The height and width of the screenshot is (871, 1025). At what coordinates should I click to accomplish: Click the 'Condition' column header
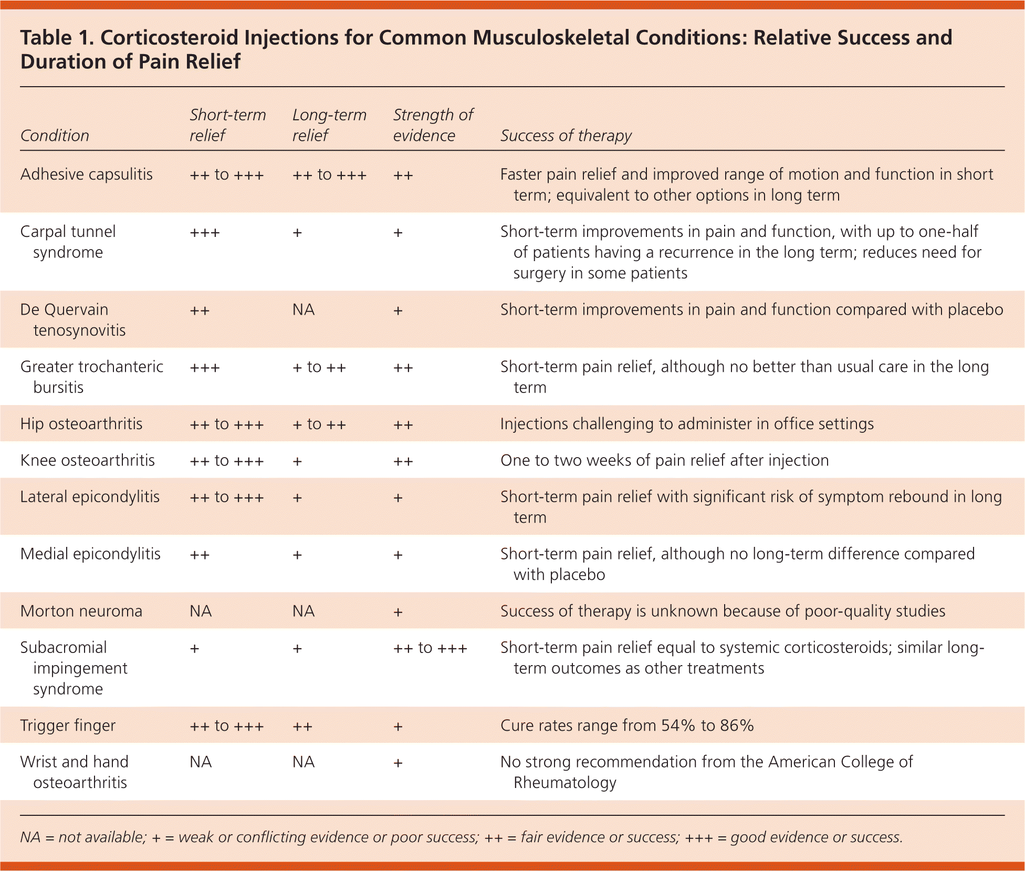[55, 136]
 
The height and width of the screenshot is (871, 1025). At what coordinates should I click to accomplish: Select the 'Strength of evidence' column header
[433, 125]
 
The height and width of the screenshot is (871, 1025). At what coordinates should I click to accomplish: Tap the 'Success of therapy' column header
[566, 136]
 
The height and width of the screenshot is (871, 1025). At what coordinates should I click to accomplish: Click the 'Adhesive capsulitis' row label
[87, 174]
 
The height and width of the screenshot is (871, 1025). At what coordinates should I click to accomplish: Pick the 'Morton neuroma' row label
[81, 611]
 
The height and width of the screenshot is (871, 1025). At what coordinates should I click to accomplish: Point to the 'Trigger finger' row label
[68, 725]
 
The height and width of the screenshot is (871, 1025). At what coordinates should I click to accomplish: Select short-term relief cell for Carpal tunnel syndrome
[205, 232]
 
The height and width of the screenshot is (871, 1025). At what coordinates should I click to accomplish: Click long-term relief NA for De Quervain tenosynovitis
[304, 310]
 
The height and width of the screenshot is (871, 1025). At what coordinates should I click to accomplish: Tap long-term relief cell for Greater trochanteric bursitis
[319, 367]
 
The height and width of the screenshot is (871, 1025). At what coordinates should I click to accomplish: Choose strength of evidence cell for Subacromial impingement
[430, 648]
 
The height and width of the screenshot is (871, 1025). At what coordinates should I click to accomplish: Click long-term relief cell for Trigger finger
[302, 727]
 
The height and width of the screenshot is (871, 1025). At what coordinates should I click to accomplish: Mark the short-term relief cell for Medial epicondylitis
[200, 555]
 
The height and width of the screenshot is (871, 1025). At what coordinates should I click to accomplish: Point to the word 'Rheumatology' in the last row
[564, 783]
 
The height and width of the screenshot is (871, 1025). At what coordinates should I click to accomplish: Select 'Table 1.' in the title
[56, 38]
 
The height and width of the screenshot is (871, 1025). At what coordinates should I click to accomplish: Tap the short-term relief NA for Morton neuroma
[201, 611]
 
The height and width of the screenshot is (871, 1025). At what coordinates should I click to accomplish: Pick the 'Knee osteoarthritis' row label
[88, 461]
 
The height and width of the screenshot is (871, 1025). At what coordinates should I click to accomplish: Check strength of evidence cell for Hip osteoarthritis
[403, 424]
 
